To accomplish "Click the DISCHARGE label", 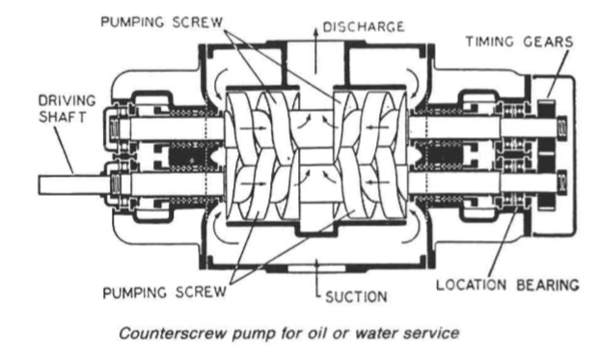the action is click(364, 27).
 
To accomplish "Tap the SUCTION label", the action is click(356, 296).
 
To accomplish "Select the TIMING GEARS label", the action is click(520, 42).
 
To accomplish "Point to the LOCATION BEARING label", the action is click(507, 285).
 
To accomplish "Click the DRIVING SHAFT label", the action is click(67, 108).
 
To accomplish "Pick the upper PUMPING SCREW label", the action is click(162, 22).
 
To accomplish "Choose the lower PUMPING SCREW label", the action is click(164, 292).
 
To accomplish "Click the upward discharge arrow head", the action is click(315, 32).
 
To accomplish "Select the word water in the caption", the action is click(376, 333).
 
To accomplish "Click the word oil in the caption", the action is click(315, 333).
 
